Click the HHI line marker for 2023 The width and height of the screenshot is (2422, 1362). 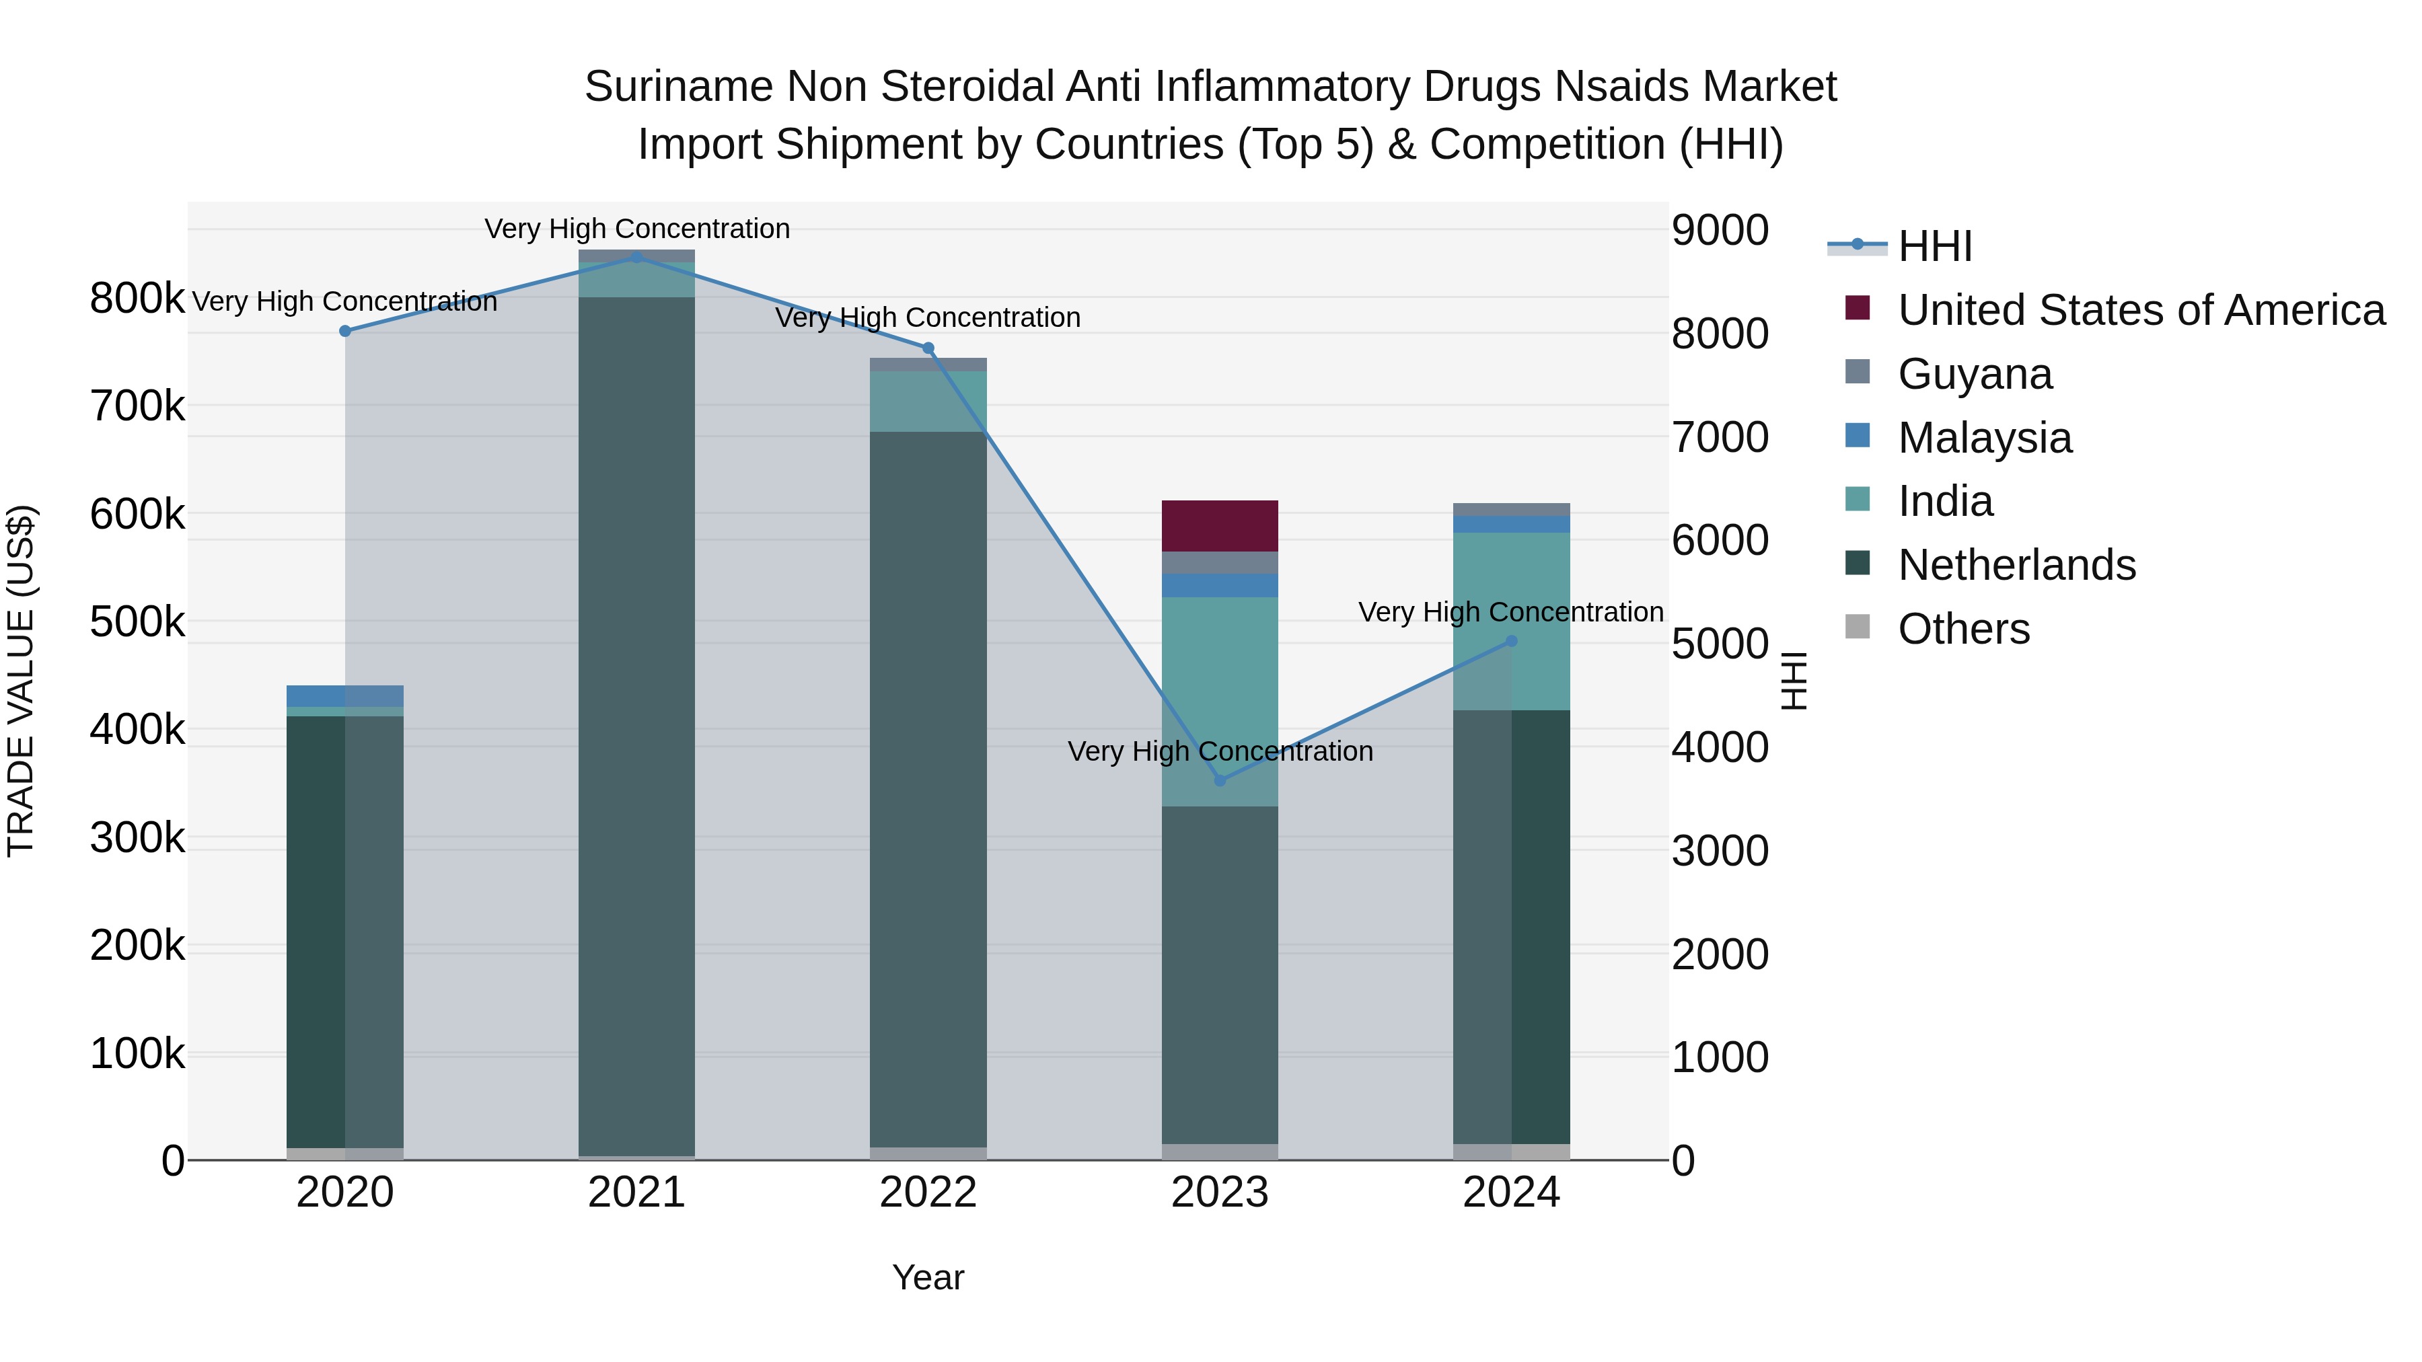click(x=1220, y=780)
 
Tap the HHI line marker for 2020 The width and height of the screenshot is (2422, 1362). click(x=345, y=331)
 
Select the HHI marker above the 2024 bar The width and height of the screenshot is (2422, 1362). click(x=1511, y=641)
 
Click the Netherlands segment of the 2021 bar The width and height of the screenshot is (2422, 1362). click(x=636, y=724)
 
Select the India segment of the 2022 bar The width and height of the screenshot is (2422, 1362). click(x=928, y=402)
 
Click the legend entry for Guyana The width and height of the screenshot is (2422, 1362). click(x=1975, y=374)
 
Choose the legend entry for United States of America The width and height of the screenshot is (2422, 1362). click(x=2141, y=310)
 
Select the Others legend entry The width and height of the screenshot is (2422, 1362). click(x=1963, y=629)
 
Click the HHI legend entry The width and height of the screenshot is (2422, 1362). click(x=1935, y=246)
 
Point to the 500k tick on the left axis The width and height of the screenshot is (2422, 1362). click(x=137, y=622)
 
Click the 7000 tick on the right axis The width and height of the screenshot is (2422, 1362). click(x=1720, y=437)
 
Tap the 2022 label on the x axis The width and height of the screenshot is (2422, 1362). click(x=928, y=1193)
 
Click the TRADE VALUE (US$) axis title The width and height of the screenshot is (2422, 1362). click(x=21, y=681)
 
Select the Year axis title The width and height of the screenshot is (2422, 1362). click(x=928, y=1277)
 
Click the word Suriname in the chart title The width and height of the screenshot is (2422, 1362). click(x=679, y=87)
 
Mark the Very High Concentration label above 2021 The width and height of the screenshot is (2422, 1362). click(x=636, y=229)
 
